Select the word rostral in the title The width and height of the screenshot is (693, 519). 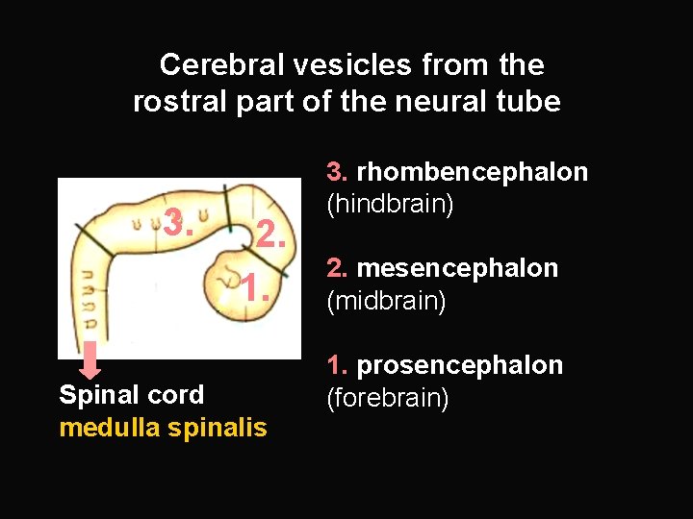point(169,101)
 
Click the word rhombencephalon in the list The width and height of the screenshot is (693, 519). point(472,172)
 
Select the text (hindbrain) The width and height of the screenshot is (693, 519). point(390,205)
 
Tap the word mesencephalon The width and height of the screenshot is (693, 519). point(457,268)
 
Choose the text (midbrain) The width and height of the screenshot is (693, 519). point(387,301)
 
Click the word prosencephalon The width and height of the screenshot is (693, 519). point(460,365)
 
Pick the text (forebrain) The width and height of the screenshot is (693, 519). point(388,398)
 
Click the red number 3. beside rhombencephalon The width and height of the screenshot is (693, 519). point(337,172)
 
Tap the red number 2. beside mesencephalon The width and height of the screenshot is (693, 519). point(337,268)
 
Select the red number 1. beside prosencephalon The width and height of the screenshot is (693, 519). point(337,365)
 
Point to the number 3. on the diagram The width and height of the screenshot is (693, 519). point(179,224)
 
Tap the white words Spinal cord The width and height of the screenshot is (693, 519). point(131,395)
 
